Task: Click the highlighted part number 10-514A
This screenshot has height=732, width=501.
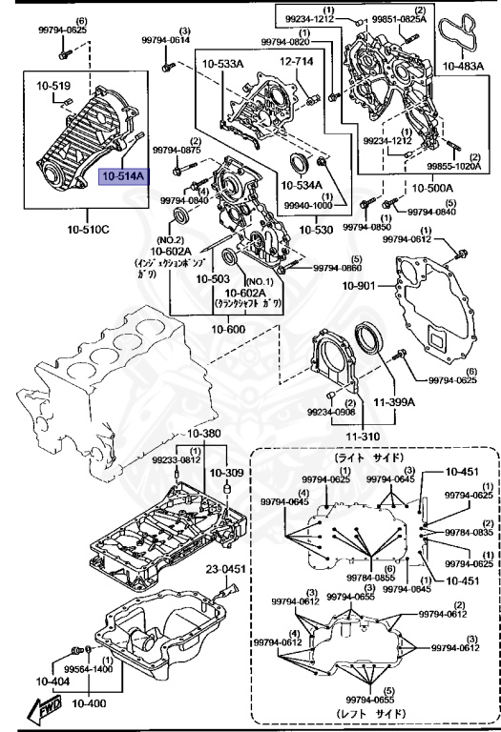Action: pyautogui.click(x=122, y=177)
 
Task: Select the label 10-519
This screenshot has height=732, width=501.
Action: pyautogui.click(x=54, y=87)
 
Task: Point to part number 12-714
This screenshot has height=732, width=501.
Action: pyautogui.click(x=296, y=62)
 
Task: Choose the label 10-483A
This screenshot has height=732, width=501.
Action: pyautogui.click(x=465, y=68)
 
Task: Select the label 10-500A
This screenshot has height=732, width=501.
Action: pyautogui.click(x=406, y=191)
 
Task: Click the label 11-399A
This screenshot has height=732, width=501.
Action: pyautogui.click(x=393, y=402)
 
